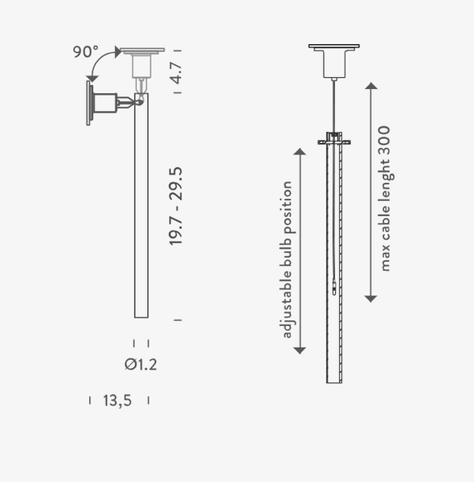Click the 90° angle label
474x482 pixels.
click(x=85, y=52)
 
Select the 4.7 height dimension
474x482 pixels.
click(x=176, y=73)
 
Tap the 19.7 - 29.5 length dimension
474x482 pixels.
click(x=176, y=206)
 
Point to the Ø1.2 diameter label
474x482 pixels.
click(x=141, y=365)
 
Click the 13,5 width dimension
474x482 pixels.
click(x=117, y=400)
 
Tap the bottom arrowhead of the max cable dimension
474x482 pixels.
click(x=370, y=297)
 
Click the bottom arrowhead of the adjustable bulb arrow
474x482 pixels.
click(x=300, y=349)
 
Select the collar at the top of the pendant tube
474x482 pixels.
click(x=334, y=138)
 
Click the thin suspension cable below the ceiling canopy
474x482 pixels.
click(x=334, y=104)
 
